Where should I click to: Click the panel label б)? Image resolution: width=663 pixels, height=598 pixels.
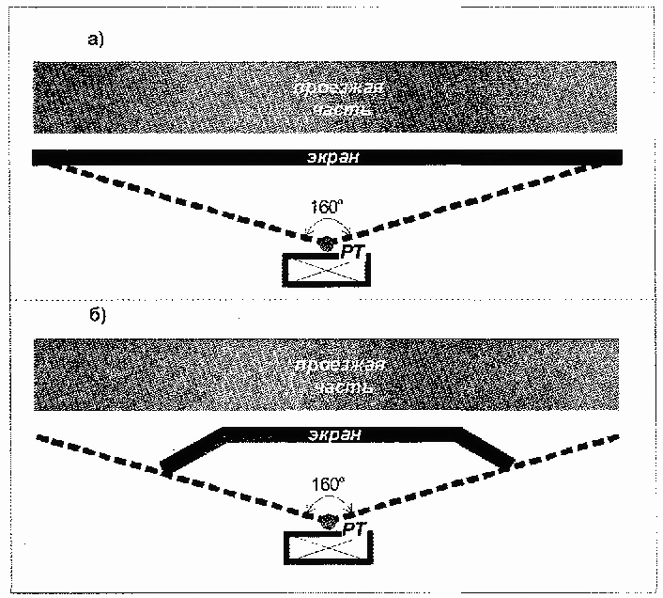[98, 314]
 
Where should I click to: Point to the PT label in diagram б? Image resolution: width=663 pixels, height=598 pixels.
[354, 531]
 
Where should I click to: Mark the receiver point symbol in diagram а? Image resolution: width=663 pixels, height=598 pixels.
[327, 243]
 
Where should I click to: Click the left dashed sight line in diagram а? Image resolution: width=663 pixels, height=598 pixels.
[169, 197]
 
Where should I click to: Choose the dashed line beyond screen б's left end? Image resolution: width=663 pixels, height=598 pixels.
[94, 448]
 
